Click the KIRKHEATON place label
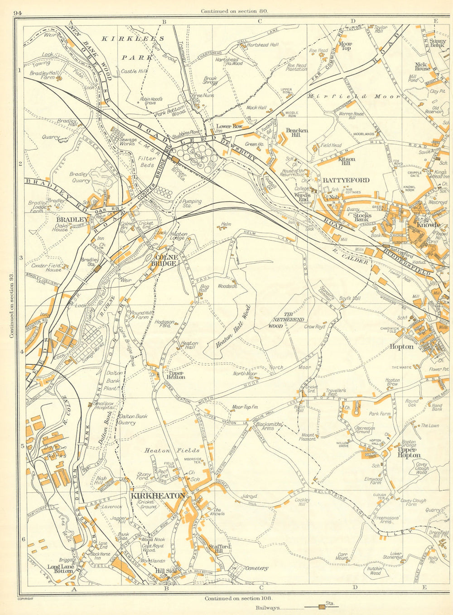pos(157,496)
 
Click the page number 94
pos(19,13)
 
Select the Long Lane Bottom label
pos(61,568)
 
